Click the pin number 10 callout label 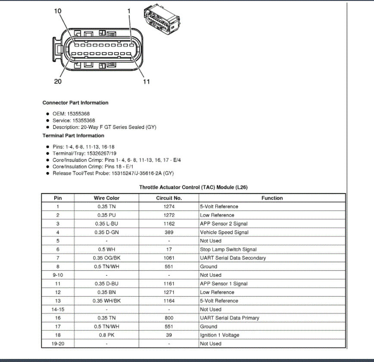click(58, 11)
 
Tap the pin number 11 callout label click(146, 81)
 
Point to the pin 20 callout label click(58, 81)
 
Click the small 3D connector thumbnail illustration click(162, 20)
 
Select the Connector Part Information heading click(75, 103)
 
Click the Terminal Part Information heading click(73, 135)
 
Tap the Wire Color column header click(106, 198)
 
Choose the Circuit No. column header click(169, 198)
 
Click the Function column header click(272, 198)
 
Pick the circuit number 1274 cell click(169, 207)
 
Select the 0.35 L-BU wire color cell click(106, 224)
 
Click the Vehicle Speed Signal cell click(224, 233)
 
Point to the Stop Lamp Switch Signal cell click(228, 250)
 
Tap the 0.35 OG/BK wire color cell click(106, 258)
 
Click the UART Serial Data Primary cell click(229, 318)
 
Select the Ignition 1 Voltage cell click(219, 335)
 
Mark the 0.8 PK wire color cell click(106, 335)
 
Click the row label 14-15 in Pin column click(58, 310)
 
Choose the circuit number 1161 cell click(169, 284)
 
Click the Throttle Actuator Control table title click(193, 187)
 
